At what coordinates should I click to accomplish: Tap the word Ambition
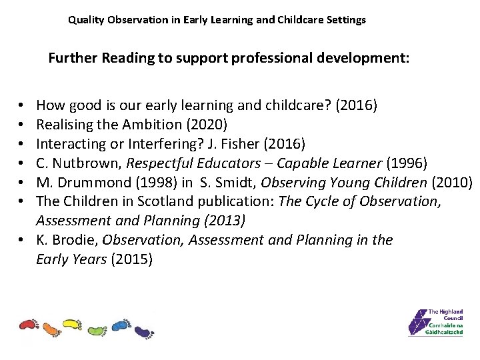coord(131,123)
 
